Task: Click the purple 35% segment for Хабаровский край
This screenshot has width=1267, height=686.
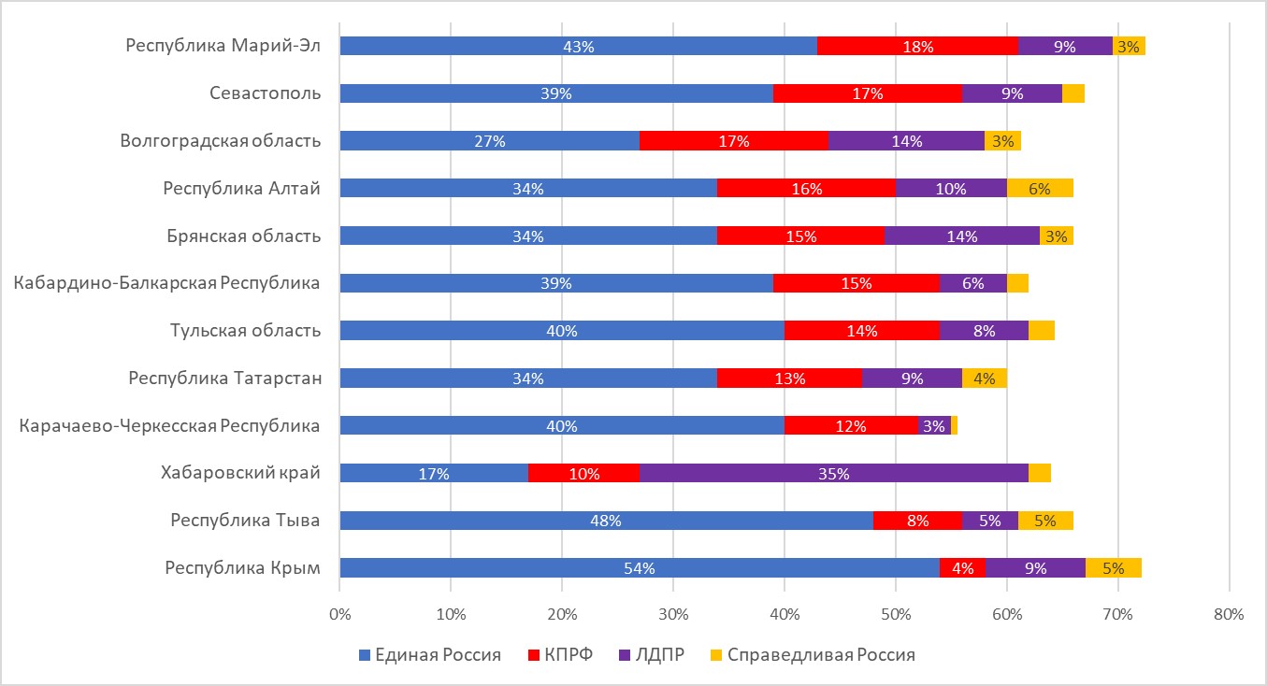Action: pyautogui.click(x=834, y=473)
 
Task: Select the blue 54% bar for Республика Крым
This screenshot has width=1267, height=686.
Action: pyautogui.click(x=640, y=568)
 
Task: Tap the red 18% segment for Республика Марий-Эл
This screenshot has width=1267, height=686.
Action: pyautogui.click(x=917, y=46)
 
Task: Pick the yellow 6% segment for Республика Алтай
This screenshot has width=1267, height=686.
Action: pyautogui.click(x=1040, y=188)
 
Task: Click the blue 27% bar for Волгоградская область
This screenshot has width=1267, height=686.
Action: pyautogui.click(x=490, y=141)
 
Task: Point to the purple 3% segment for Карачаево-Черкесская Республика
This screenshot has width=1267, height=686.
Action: pyautogui.click(x=934, y=425)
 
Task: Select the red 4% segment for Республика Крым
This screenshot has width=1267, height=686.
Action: pyautogui.click(x=962, y=568)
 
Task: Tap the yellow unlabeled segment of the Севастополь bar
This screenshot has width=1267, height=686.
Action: pyautogui.click(x=1073, y=93)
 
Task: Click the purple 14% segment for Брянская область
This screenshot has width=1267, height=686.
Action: pyautogui.click(x=962, y=236)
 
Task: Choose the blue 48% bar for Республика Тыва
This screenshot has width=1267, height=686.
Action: pyautogui.click(x=606, y=521)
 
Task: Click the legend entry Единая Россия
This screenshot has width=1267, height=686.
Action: pyautogui.click(x=430, y=655)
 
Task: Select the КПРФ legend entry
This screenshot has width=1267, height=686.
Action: pyautogui.click(x=560, y=655)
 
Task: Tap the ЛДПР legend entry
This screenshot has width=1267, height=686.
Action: pyautogui.click(x=652, y=655)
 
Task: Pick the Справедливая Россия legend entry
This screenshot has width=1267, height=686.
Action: pyautogui.click(x=813, y=655)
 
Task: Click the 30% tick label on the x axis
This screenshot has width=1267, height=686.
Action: pyautogui.click(x=673, y=615)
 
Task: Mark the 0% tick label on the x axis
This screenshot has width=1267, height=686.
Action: pyautogui.click(x=340, y=615)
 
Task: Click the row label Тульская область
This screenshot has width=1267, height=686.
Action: pyautogui.click(x=246, y=330)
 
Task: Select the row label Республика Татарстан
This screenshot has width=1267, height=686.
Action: pyautogui.click(x=225, y=378)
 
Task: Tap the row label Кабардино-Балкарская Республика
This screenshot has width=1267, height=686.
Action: pyautogui.click(x=166, y=283)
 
